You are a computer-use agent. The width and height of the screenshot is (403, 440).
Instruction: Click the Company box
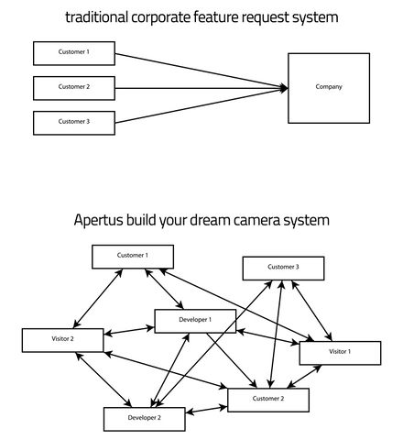pyautogui.click(x=329, y=88)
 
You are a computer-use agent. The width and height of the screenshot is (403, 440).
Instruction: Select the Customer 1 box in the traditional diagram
pyautogui.click(x=74, y=53)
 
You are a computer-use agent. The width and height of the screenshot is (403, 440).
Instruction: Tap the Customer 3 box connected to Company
pyautogui.click(x=74, y=123)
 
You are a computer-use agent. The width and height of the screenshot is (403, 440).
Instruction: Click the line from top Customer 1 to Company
pyautogui.click(x=201, y=71)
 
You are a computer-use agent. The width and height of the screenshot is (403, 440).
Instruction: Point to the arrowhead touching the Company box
pyautogui.click(x=284, y=88)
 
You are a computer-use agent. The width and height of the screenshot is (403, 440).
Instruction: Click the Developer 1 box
pyautogui.click(x=195, y=321)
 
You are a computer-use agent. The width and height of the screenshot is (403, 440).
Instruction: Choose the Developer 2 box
pyautogui.click(x=145, y=419)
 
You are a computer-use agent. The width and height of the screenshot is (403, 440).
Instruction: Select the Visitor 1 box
pyautogui.click(x=340, y=353)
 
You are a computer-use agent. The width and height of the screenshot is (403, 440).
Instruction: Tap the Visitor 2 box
pyautogui.click(x=62, y=340)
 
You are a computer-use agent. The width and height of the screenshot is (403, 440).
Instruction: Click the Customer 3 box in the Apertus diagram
pyautogui.click(x=283, y=269)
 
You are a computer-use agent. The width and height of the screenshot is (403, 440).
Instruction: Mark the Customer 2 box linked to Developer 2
pyautogui.click(x=268, y=401)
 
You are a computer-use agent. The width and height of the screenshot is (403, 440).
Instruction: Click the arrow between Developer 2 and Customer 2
pyautogui.click(x=206, y=410)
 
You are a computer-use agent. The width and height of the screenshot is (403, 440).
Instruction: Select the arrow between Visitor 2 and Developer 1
pyautogui.click(x=129, y=331)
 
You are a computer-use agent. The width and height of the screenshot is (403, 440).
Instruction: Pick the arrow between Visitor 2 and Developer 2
pyautogui.click(x=103, y=379)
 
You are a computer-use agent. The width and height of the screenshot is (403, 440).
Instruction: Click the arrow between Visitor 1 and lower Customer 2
pyautogui.click(x=304, y=377)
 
